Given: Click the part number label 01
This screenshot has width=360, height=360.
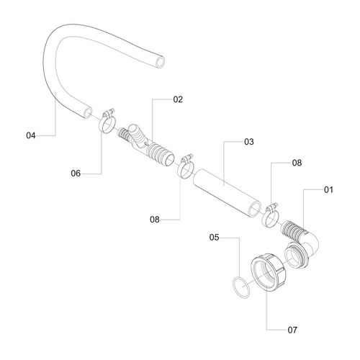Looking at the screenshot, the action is coord(328,190).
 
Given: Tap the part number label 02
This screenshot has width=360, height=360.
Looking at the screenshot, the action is coord(178,99).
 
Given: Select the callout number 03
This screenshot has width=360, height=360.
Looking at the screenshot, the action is coord(249,142).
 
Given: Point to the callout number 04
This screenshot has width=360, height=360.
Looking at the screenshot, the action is coord(31,135).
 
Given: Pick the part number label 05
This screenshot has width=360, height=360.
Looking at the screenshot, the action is coord(214,238).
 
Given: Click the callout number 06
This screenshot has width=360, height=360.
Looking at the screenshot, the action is coord(76,174).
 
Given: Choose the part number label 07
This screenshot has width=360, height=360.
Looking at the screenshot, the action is coord(292,330).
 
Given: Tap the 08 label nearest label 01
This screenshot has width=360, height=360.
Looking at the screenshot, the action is coord(297,163).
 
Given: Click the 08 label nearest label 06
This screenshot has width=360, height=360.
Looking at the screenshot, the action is coord(155,220).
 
